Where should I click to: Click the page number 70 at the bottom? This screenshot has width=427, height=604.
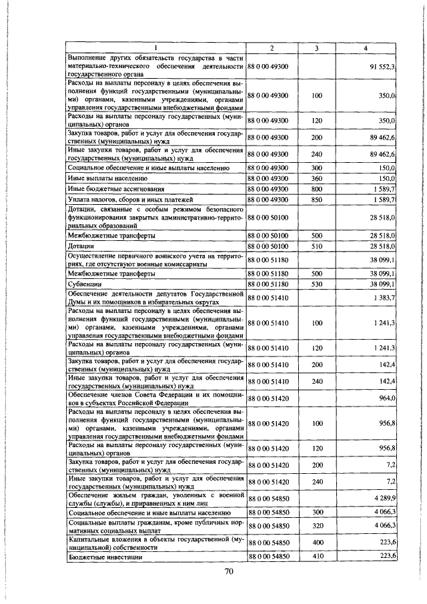(x=228, y=571)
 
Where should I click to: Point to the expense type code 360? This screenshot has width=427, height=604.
(x=317, y=179)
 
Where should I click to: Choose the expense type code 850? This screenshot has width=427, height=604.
(x=317, y=200)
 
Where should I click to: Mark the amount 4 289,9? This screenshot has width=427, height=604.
(x=383, y=498)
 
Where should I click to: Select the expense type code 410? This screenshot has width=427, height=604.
(x=317, y=556)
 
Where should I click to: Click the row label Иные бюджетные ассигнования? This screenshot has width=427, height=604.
(x=111, y=190)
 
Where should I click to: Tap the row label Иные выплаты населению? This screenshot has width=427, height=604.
(x=103, y=179)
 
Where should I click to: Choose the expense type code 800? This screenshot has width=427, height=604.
(x=317, y=190)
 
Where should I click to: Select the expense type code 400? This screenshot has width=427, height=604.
(x=317, y=543)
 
